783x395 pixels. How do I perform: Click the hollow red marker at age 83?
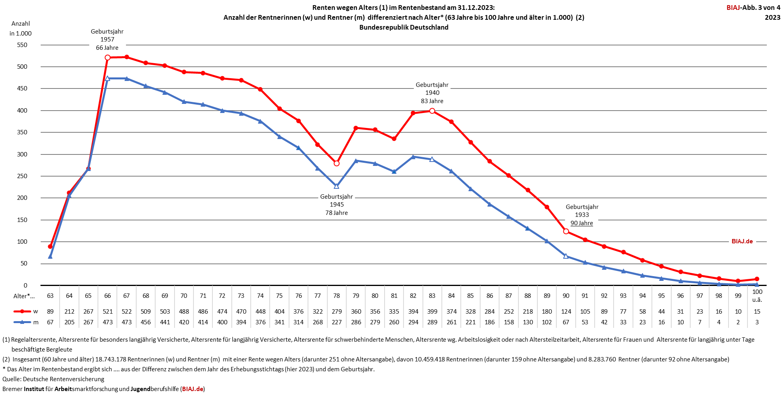(x=432, y=111)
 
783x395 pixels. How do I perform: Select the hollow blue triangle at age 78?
(x=336, y=186)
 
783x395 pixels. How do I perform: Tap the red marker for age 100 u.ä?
(x=757, y=279)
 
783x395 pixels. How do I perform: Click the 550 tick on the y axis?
(x=22, y=45)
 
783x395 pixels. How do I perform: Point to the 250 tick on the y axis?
(x=22, y=176)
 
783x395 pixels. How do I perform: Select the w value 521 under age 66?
(x=107, y=312)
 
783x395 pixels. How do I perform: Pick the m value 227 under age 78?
(x=336, y=322)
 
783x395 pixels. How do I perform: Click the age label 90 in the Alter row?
(x=566, y=296)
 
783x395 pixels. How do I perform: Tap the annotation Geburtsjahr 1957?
(x=107, y=36)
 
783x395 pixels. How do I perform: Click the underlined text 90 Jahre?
(x=582, y=223)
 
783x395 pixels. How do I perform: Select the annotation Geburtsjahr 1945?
(x=336, y=201)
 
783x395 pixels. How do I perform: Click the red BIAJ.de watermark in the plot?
(x=742, y=241)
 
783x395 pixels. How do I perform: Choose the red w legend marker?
(x=23, y=312)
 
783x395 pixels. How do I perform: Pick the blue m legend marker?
(x=23, y=322)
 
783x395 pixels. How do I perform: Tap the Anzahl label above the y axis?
(x=21, y=24)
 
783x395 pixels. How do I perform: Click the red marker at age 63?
(x=50, y=246)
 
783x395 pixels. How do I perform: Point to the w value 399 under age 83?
(x=432, y=312)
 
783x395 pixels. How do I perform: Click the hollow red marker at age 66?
(x=107, y=58)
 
